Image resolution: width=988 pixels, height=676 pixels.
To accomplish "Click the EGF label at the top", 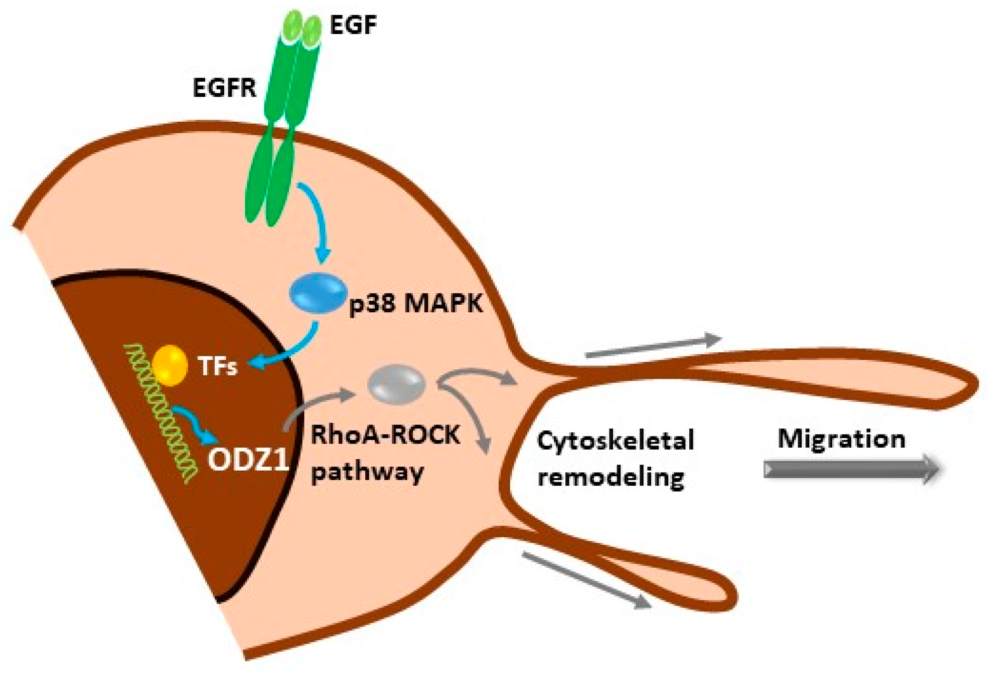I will (x=353, y=25).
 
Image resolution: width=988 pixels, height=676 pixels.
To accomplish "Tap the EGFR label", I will (x=224, y=88).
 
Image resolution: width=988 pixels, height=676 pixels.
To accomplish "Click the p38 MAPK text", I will (x=416, y=303).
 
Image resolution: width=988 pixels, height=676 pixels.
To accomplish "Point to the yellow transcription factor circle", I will (x=170, y=365).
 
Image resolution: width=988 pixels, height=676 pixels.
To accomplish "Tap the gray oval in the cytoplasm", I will (x=397, y=384).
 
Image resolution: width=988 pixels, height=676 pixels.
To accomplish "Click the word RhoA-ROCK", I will (x=385, y=434).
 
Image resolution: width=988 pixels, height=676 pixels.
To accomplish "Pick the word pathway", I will (x=367, y=473).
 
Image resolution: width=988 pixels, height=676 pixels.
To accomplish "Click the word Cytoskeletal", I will (x=615, y=440).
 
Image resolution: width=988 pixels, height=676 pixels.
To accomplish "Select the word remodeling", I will (x=610, y=477).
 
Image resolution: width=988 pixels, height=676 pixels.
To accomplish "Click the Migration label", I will (x=841, y=438).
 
